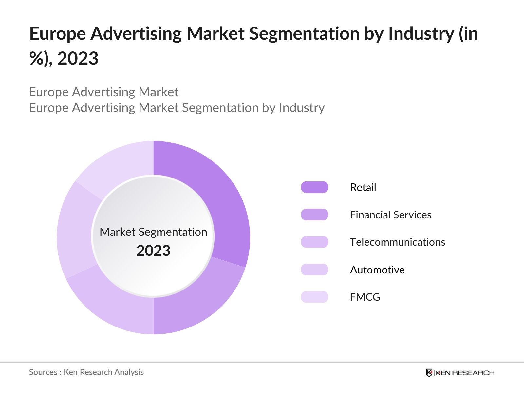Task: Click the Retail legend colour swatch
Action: (314, 187)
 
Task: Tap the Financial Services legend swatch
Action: (314, 215)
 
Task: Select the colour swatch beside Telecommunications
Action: (314, 242)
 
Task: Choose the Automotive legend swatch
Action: (314, 270)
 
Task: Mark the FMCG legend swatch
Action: (314, 297)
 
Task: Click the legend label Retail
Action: (363, 187)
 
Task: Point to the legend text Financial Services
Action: (390, 215)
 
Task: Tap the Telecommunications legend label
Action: (397, 242)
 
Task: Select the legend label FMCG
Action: (365, 297)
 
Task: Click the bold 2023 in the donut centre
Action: (153, 251)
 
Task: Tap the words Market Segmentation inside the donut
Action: (153, 232)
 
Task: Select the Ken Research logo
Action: (460, 373)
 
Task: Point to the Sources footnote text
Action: (86, 372)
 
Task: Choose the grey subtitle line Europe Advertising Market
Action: (104, 92)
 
